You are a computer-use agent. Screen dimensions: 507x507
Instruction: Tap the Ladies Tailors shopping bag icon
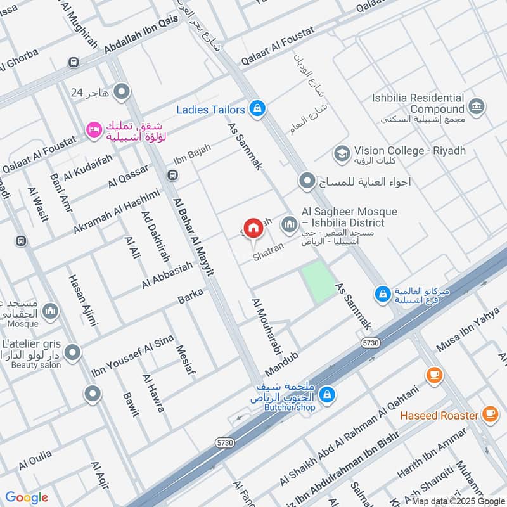256,109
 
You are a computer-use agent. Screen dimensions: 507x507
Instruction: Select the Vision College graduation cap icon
342,153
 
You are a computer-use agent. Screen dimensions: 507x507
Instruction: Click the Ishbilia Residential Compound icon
477,105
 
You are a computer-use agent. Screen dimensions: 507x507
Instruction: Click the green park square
319,281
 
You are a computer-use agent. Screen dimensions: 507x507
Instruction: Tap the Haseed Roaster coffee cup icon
489,414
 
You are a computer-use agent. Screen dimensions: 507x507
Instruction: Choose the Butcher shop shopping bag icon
326,394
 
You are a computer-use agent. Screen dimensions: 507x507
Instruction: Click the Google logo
27,497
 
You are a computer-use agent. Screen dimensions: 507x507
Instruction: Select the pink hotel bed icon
93,129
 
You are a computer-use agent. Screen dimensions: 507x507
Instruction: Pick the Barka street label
190,295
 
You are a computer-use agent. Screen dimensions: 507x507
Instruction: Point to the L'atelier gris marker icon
73,351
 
